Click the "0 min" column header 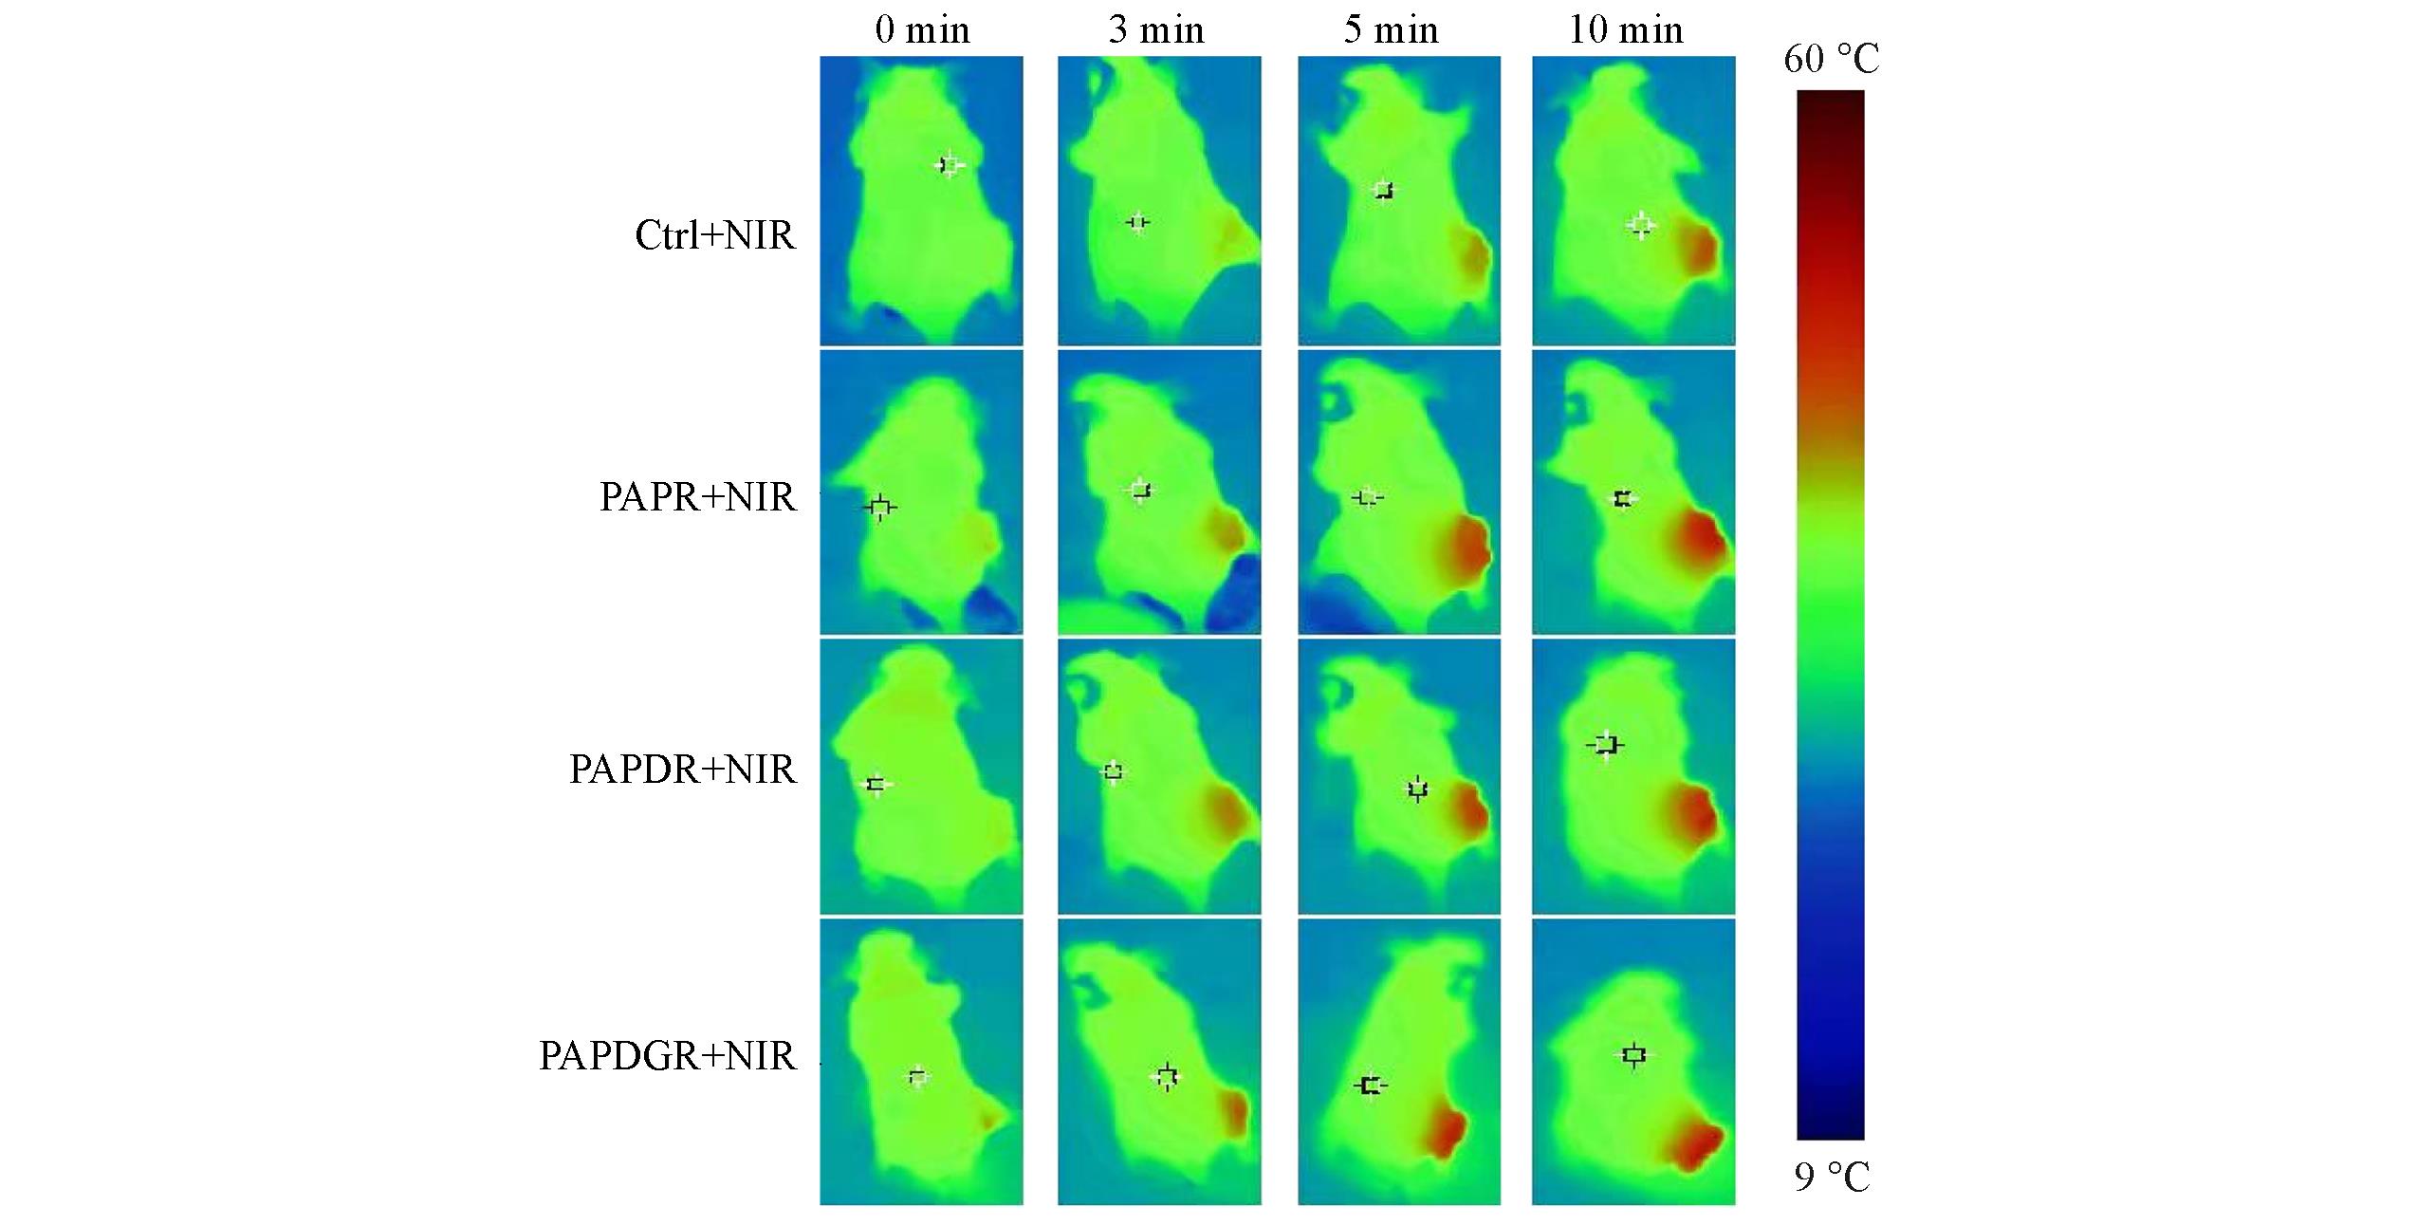click(x=922, y=30)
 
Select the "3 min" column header click(x=1156, y=30)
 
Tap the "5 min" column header click(x=1391, y=30)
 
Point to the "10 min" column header click(x=1626, y=30)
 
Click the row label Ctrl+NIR click(x=715, y=235)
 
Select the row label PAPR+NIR click(x=697, y=497)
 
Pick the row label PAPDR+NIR click(x=682, y=770)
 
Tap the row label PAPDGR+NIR click(x=667, y=1056)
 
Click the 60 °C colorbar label click(x=1831, y=60)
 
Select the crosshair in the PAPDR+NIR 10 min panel click(x=1606, y=745)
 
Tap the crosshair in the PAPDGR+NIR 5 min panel click(x=1370, y=1085)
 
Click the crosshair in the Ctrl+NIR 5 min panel click(x=1385, y=191)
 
